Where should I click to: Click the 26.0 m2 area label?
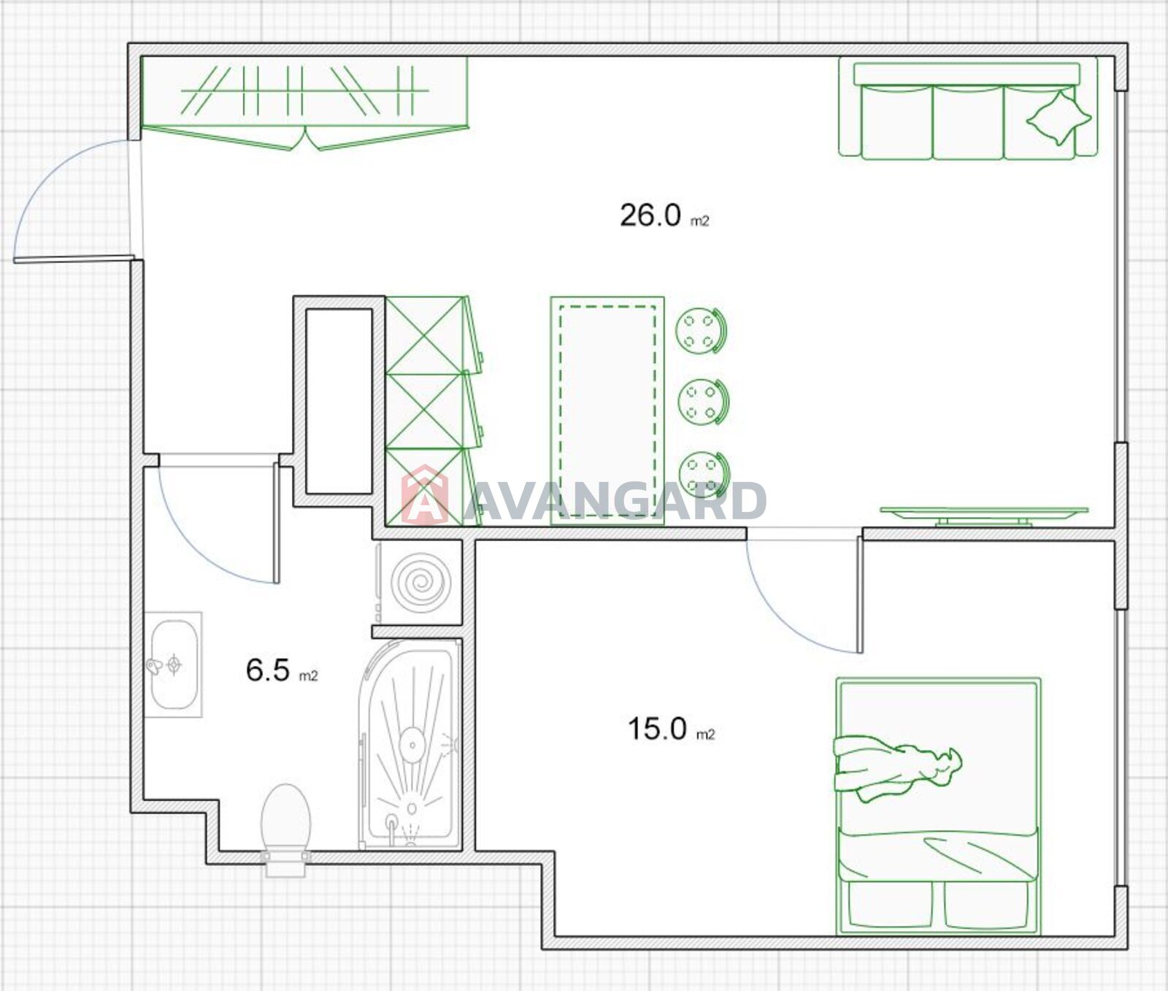(664, 216)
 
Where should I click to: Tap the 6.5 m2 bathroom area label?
(282, 670)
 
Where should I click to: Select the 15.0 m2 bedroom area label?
(671, 729)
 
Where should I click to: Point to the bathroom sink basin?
(174, 665)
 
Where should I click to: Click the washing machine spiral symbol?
(420, 582)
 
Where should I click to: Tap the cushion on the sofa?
(1058, 117)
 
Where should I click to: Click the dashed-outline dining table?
(607, 410)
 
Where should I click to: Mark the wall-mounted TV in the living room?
(983, 515)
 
